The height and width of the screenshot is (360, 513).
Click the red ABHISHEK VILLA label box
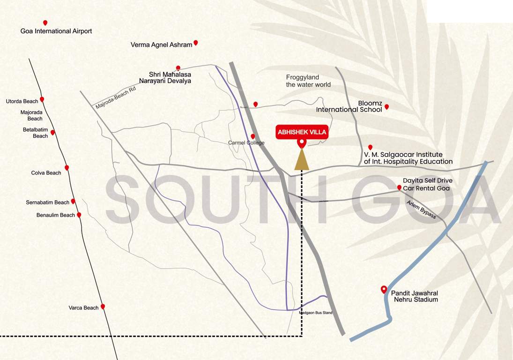[301, 133]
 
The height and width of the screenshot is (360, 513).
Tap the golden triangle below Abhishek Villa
[301, 160]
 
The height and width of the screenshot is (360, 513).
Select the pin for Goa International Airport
[45, 22]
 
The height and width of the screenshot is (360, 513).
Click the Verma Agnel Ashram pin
[196, 43]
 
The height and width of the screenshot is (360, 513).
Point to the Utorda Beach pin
[42, 99]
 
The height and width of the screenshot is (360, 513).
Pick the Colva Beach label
[46, 173]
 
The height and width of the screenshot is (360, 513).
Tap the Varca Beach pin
[103, 306]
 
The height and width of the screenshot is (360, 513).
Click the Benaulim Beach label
[55, 215]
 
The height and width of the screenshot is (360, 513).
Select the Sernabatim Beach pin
[73, 201]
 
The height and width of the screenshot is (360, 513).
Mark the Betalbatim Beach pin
[52, 132]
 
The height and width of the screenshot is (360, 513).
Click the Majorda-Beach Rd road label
[115, 97]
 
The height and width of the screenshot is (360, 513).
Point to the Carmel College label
[246, 143]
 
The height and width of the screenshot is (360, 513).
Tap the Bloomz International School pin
[387, 107]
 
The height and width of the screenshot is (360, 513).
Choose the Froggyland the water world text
[308, 81]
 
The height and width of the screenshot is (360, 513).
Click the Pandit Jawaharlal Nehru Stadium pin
[384, 289]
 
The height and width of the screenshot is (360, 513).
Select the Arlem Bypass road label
[421, 210]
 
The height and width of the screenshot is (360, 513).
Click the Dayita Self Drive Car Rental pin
[399, 187]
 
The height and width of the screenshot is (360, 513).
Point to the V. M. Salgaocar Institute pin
[370, 147]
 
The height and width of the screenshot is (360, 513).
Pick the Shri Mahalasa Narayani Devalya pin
[178, 68]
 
